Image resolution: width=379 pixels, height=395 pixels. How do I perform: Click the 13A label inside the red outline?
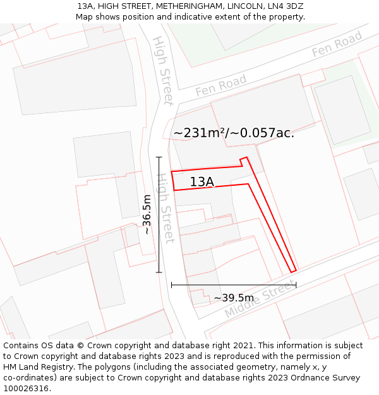202,182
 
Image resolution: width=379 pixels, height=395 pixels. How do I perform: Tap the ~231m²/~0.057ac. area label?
234,133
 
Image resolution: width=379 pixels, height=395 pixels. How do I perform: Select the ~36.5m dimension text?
147,215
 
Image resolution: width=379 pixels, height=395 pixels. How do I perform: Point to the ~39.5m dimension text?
234,298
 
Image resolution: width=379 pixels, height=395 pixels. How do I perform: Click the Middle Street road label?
260,300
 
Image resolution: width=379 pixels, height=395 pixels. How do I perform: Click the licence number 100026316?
27,389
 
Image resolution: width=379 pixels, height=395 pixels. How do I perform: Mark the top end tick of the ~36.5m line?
159,157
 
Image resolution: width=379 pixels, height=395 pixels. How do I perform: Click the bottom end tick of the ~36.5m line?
159,273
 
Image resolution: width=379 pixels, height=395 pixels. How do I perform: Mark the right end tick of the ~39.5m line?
296,285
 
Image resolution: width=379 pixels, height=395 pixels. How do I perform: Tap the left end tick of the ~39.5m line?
171,285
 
